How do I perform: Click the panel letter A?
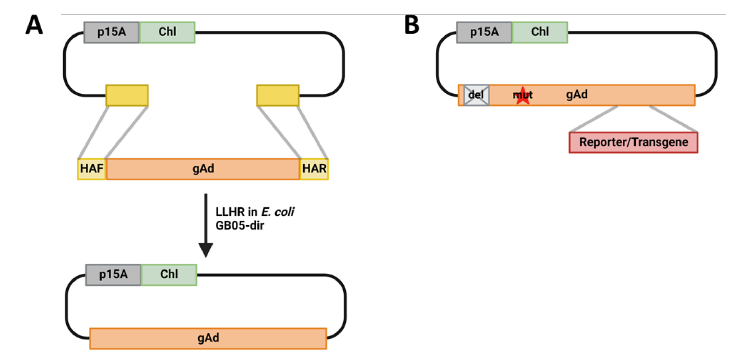tap(34, 25)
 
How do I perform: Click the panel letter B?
tap(412, 25)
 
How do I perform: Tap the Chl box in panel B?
tap(540, 32)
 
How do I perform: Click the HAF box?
tap(91, 169)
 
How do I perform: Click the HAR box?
tap(314, 169)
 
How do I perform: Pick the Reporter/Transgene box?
tap(633, 142)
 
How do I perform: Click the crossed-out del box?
tap(476, 95)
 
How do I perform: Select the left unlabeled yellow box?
tap(127, 95)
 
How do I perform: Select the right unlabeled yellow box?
tap(278, 95)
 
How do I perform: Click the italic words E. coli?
tap(278, 212)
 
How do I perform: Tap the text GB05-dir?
tap(240, 226)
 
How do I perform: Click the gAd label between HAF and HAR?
tap(203, 169)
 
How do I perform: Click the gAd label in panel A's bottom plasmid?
tap(208, 338)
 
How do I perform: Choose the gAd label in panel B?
tap(577, 95)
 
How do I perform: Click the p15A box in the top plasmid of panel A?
tap(112, 32)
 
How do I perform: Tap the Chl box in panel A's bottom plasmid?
tap(169, 275)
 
